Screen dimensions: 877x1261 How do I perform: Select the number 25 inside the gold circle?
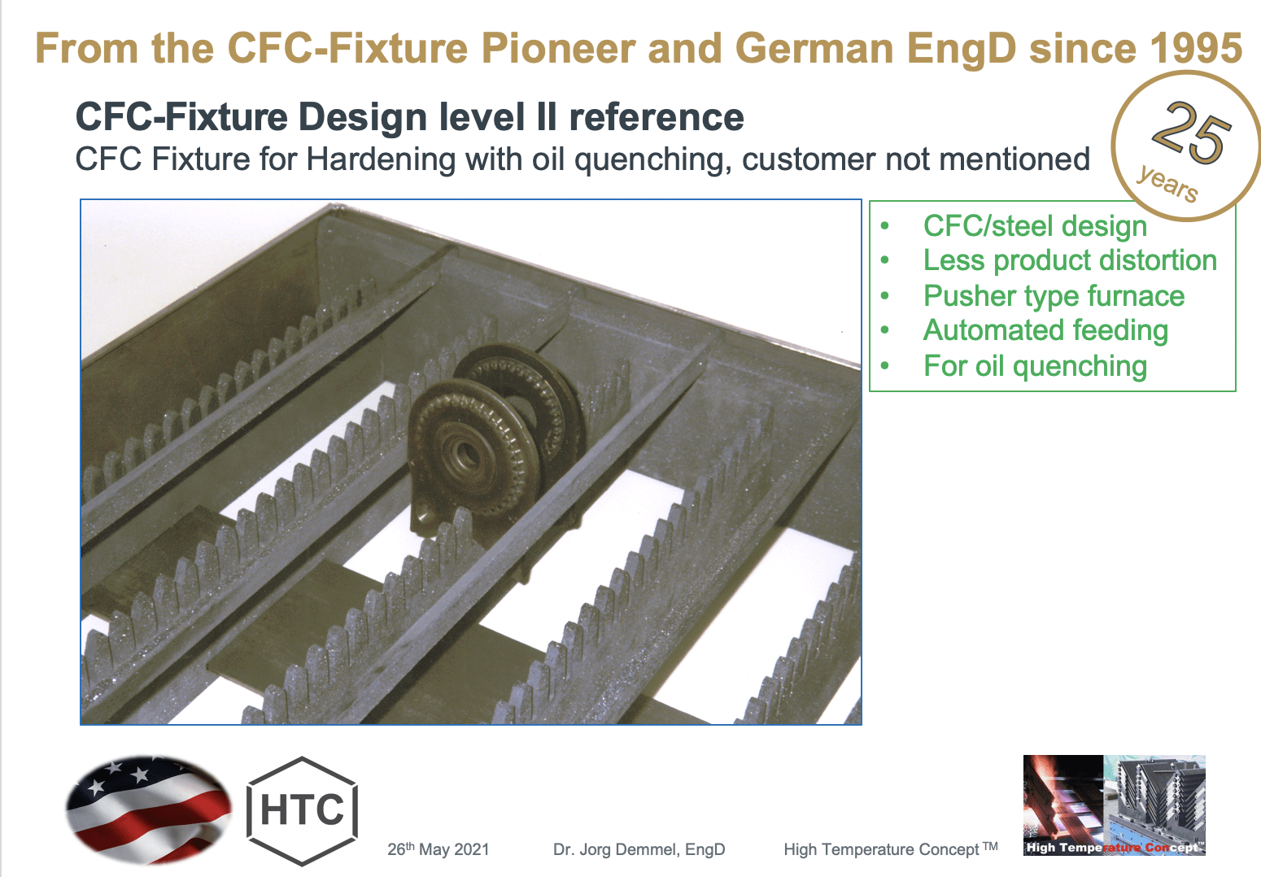click(x=1190, y=132)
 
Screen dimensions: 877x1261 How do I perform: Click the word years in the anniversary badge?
click(x=1167, y=182)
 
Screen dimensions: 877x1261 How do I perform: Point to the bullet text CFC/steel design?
click(x=1035, y=226)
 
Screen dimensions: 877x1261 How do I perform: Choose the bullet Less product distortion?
click(x=1070, y=260)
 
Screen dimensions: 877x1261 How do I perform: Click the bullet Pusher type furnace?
click(x=1054, y=296)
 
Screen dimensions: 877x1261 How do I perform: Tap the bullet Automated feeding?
click(x=1045, y=330)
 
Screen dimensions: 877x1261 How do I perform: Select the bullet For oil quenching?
click(x=1035, y=366)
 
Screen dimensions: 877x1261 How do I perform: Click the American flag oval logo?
click(x=148, y=809)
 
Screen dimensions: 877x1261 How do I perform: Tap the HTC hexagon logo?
click(x=303, y=810)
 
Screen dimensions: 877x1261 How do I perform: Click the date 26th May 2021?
click(x=439, y=849)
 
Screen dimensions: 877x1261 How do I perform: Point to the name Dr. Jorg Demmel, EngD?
click(x=639, y=849)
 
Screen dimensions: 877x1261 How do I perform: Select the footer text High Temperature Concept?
click(x=882, y=849)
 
